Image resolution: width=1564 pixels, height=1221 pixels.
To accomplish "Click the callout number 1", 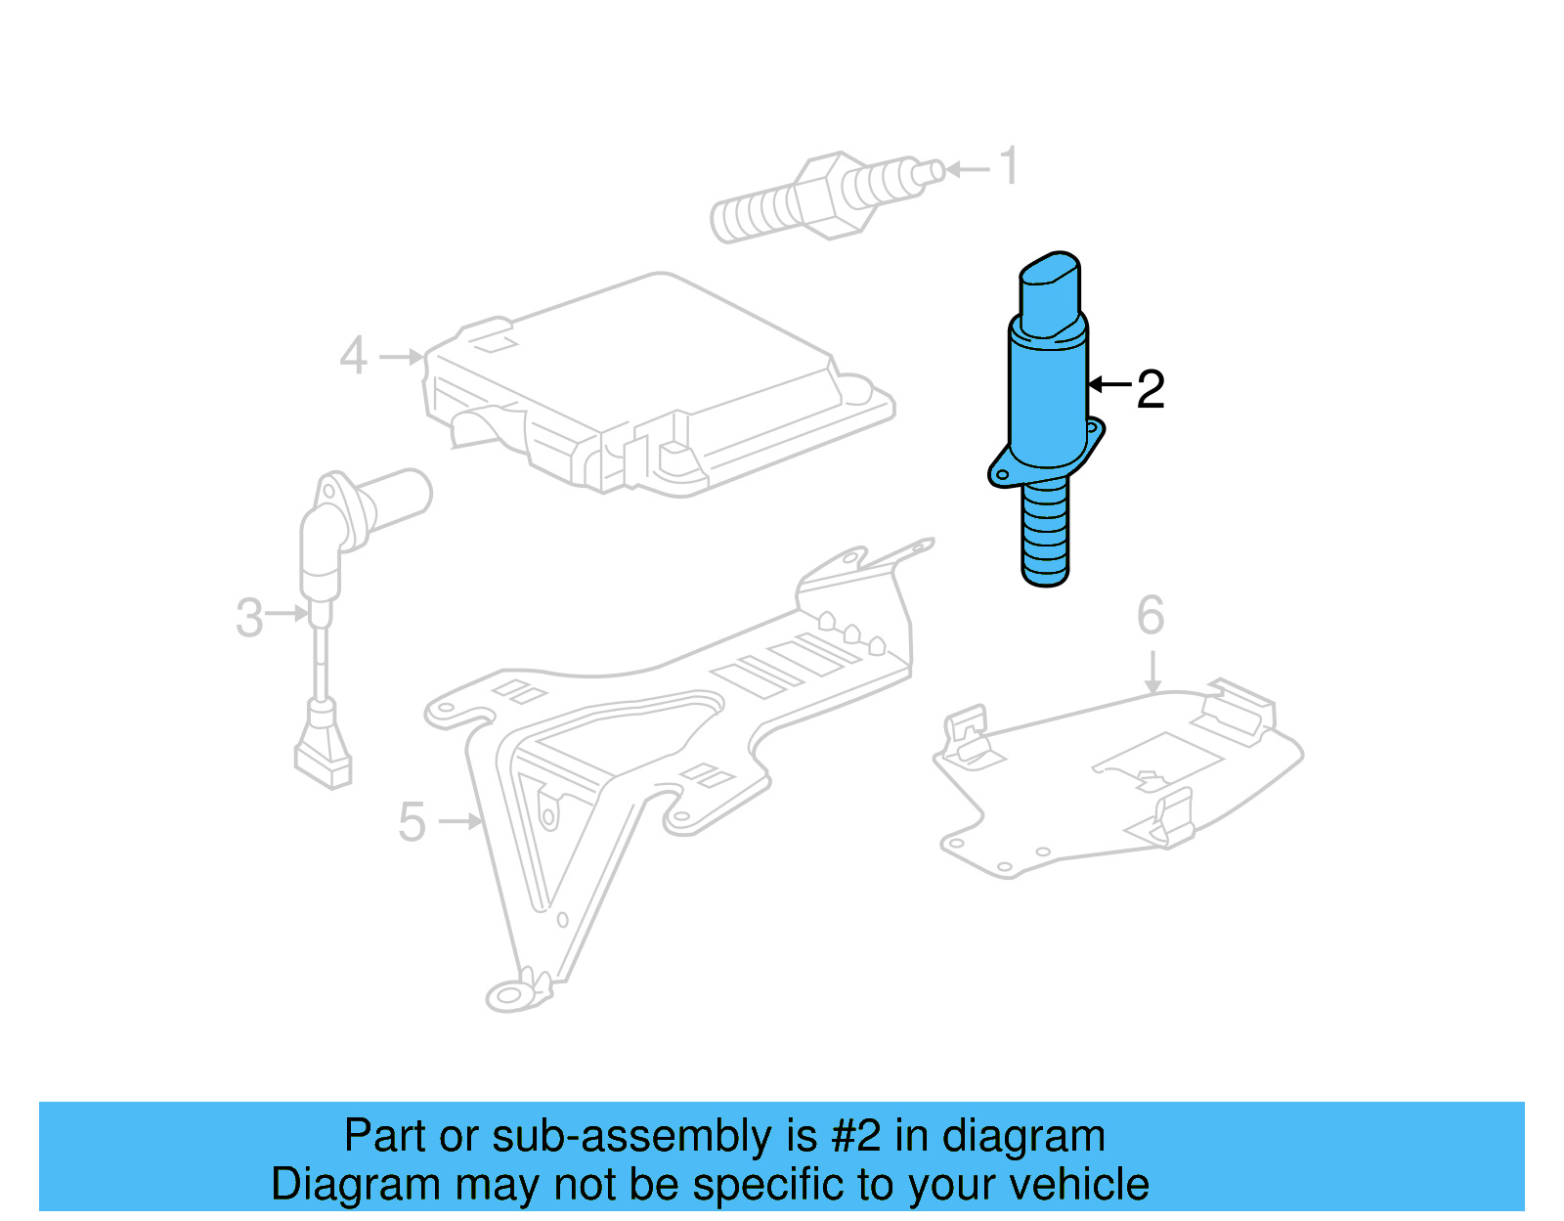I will [x=1010, y=166].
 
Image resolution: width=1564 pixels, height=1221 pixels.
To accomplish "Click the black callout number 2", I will [x=1151, y=389].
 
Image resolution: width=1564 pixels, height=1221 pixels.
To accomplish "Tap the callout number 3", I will [x=249, y=618].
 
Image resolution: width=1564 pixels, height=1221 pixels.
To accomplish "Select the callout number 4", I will [x=353, y=356].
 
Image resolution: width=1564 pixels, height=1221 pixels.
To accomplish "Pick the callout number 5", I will [x=412, y=822].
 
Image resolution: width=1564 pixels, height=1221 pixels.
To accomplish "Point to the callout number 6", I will [x=1151, y=616].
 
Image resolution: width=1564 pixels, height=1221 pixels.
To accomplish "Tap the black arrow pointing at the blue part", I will [x=1109, y=384].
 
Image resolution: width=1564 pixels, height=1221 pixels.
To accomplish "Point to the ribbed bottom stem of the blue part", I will [x=1045, y=533].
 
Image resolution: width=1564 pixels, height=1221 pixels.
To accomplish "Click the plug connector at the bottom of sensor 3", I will [x=323, y=753].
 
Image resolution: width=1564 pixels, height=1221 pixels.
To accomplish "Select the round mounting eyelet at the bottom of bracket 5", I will [x=508, y=996].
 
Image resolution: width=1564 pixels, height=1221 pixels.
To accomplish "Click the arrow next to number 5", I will [x=460, y=821].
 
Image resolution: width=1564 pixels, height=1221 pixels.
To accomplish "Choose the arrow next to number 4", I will [x=402, y=357].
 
